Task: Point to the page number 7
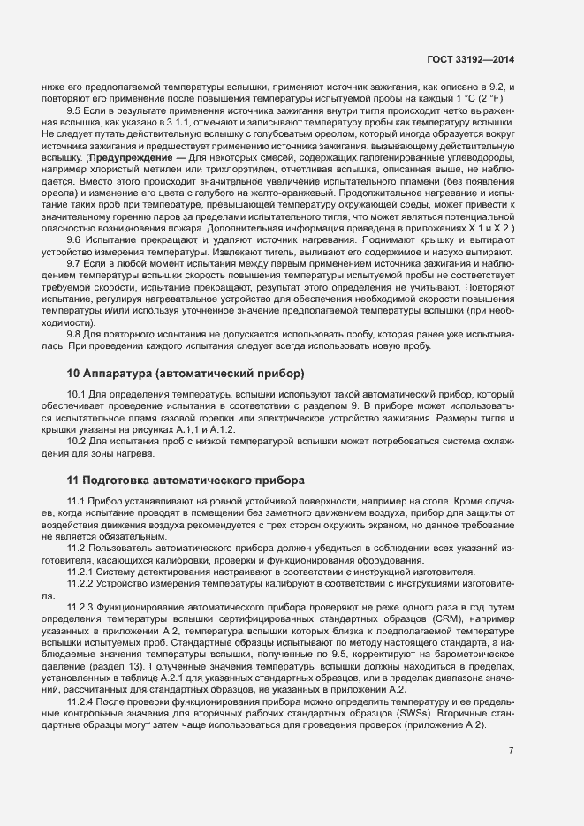512,751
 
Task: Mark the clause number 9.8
74,334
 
